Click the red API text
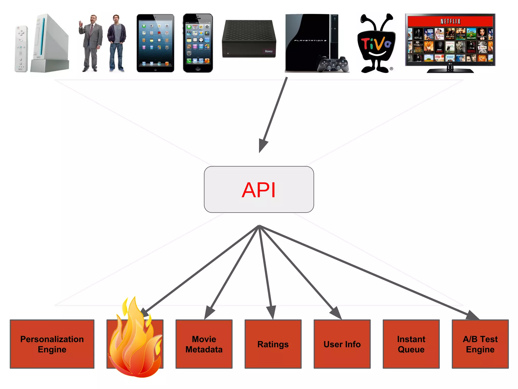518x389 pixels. point(258,190)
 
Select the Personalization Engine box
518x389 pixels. point(52,344)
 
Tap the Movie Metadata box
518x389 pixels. point(204,344)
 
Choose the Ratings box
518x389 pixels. point(273,344)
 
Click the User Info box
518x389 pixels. point(342,344)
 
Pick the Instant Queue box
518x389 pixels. point(411,344)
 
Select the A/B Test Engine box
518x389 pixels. point(480,344)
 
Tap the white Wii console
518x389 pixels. point(49,43)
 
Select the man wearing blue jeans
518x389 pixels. point(116,43)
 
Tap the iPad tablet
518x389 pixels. point(155,43)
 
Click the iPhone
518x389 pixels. point(198,43)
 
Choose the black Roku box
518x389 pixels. point(249,38)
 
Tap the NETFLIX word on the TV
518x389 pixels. point(450,22)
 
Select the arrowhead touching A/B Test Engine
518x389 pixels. point(472,316)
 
